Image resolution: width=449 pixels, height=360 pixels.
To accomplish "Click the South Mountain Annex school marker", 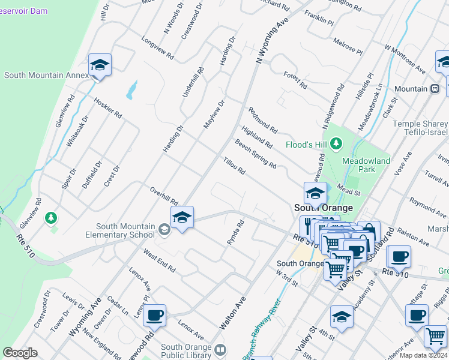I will [100, 65].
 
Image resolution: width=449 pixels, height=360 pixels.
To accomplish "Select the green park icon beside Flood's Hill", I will [336, 143].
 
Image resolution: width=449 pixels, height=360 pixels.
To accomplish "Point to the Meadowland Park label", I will [366, 166].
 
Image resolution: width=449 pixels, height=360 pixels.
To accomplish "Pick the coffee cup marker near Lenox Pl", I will [155, 314].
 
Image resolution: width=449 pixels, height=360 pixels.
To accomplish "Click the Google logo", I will [20, 353].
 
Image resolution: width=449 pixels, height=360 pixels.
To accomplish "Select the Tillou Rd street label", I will [234, 166].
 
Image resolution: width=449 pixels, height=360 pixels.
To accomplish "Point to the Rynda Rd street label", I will [235, 232].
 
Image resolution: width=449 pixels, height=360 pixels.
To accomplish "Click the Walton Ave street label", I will [234, 313].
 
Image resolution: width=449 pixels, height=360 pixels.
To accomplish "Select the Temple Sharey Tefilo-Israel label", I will [420, 128].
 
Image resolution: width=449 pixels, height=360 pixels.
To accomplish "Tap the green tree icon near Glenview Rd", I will [52, 217].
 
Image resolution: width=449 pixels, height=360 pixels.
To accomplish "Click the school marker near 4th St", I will [342, 316].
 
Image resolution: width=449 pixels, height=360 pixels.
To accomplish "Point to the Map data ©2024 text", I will [423, 355].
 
